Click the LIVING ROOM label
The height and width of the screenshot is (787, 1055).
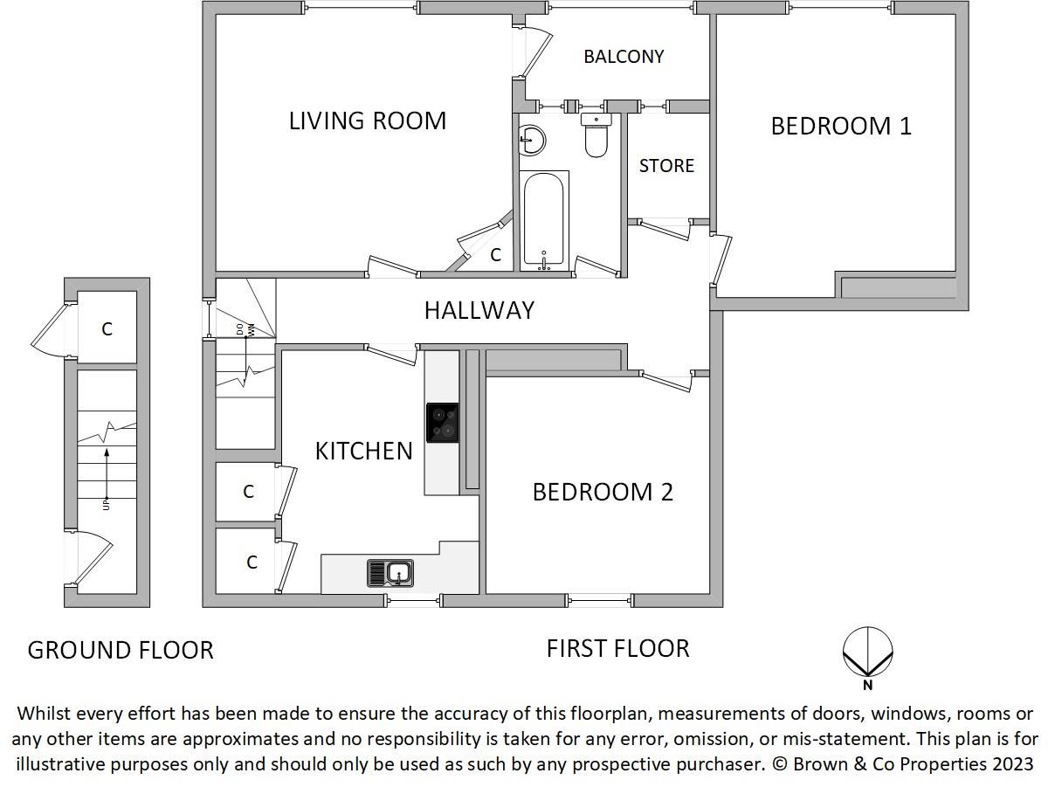click(367, 121)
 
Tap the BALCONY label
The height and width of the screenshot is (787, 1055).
click(624, 57)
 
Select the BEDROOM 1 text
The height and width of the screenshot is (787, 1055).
click(840, 126)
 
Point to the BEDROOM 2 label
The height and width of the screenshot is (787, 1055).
click(603, 492)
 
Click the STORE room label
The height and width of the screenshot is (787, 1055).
click(666, 166)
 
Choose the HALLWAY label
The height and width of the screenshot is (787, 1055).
click(479, 310)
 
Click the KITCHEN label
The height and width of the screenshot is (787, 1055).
click(363, 451)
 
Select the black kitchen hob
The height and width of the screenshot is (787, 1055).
click(443, 422)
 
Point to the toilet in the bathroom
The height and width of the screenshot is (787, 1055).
click(596, 136)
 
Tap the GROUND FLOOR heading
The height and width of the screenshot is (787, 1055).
click(121, 650)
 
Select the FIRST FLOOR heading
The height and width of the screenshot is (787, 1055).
click(617, 648)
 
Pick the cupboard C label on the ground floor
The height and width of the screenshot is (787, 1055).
click(107, 329)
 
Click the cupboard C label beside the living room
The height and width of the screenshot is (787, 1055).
click(495, 255)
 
